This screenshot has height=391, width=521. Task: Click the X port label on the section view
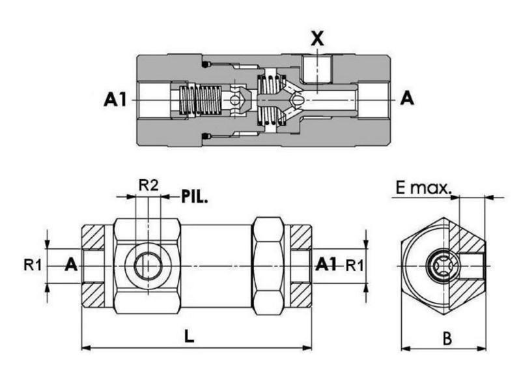point(317,38)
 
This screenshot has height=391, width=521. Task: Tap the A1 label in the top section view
point(117,100)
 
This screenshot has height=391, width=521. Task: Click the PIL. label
point(194,196)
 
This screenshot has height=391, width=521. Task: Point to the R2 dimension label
point(148,185)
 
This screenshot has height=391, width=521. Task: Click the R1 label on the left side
point(33,265)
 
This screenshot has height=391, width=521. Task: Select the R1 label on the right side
point(355,265)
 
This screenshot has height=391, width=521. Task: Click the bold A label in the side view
point(72,265)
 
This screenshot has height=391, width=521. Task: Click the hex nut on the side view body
point(268,266)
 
